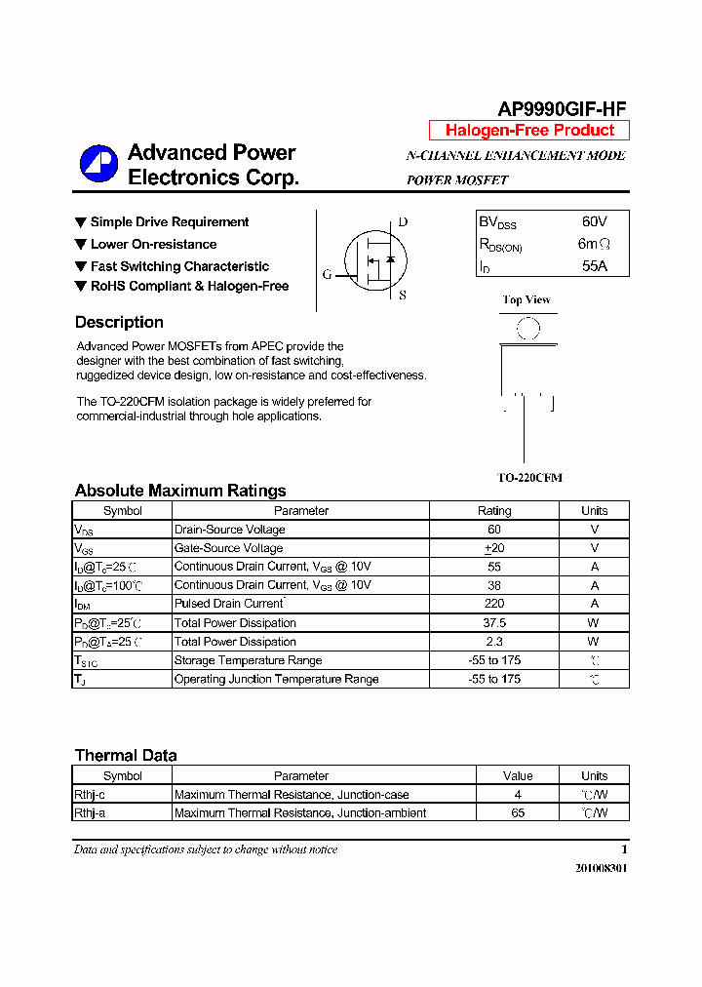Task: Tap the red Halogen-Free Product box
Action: click(529, 131)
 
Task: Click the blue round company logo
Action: click(98, 164)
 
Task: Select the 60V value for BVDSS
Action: click(594, 222)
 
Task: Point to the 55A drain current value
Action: click(594, 265)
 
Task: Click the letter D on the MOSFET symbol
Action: click(403, 222)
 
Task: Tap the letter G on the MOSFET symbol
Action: click(328, 274)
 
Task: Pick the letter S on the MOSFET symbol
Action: click(403, 295)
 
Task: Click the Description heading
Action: click(119, 323)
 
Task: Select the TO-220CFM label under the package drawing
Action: click(529, 478)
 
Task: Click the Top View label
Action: click(526, 299)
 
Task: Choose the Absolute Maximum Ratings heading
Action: click(180, 491)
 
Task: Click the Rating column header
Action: click(494, 511)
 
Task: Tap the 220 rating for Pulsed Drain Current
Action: click(494, 604)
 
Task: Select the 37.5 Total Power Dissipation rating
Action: click(494, 623)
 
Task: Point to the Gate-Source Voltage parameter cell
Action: click(228, 548)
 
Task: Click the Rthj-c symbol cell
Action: click(90, 795)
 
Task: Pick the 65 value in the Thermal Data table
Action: click(518, 812)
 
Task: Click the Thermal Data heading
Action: click(126, 756)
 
